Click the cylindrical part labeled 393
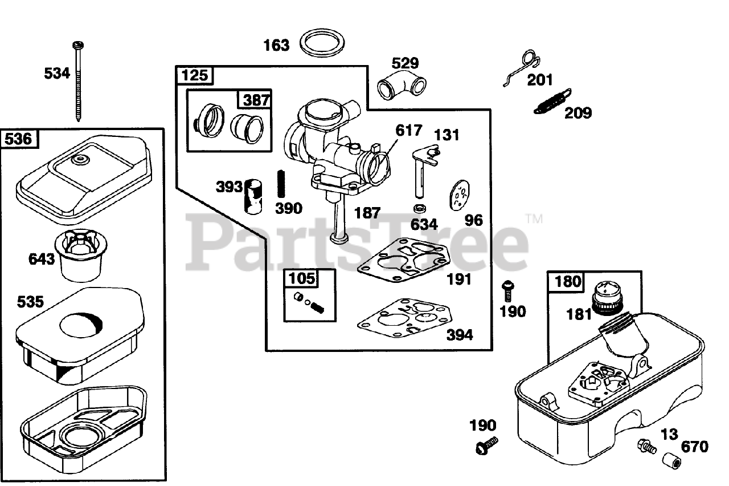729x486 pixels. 252,195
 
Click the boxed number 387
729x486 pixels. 256,100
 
